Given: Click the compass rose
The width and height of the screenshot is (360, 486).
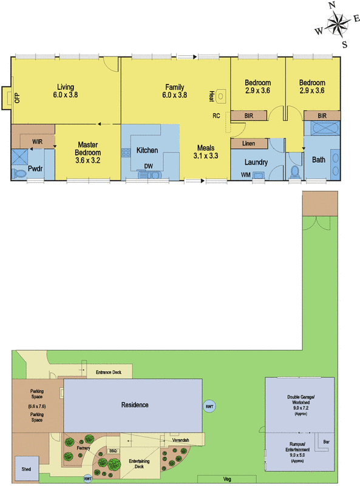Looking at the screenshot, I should tap(333, 24).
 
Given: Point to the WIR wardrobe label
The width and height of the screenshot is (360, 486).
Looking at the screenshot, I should tap(37, 141).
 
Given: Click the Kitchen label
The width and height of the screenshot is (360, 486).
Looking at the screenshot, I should tap(147, 150).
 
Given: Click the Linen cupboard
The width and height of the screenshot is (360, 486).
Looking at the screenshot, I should tap(249, 144).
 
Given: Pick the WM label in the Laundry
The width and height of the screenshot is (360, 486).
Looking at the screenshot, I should tap(245, 175).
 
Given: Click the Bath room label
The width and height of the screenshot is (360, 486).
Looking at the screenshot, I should tap(319, 160).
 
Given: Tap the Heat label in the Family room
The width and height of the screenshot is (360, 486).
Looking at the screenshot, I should tap(212, 95).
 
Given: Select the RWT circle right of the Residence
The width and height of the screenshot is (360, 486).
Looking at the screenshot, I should tap(209, 406).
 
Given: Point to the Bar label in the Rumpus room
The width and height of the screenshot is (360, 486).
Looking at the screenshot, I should tap(325, 441).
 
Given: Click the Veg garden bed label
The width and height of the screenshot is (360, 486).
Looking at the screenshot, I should tap(226, 479).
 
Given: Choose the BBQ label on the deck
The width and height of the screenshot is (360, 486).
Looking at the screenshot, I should tap(113, 451).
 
